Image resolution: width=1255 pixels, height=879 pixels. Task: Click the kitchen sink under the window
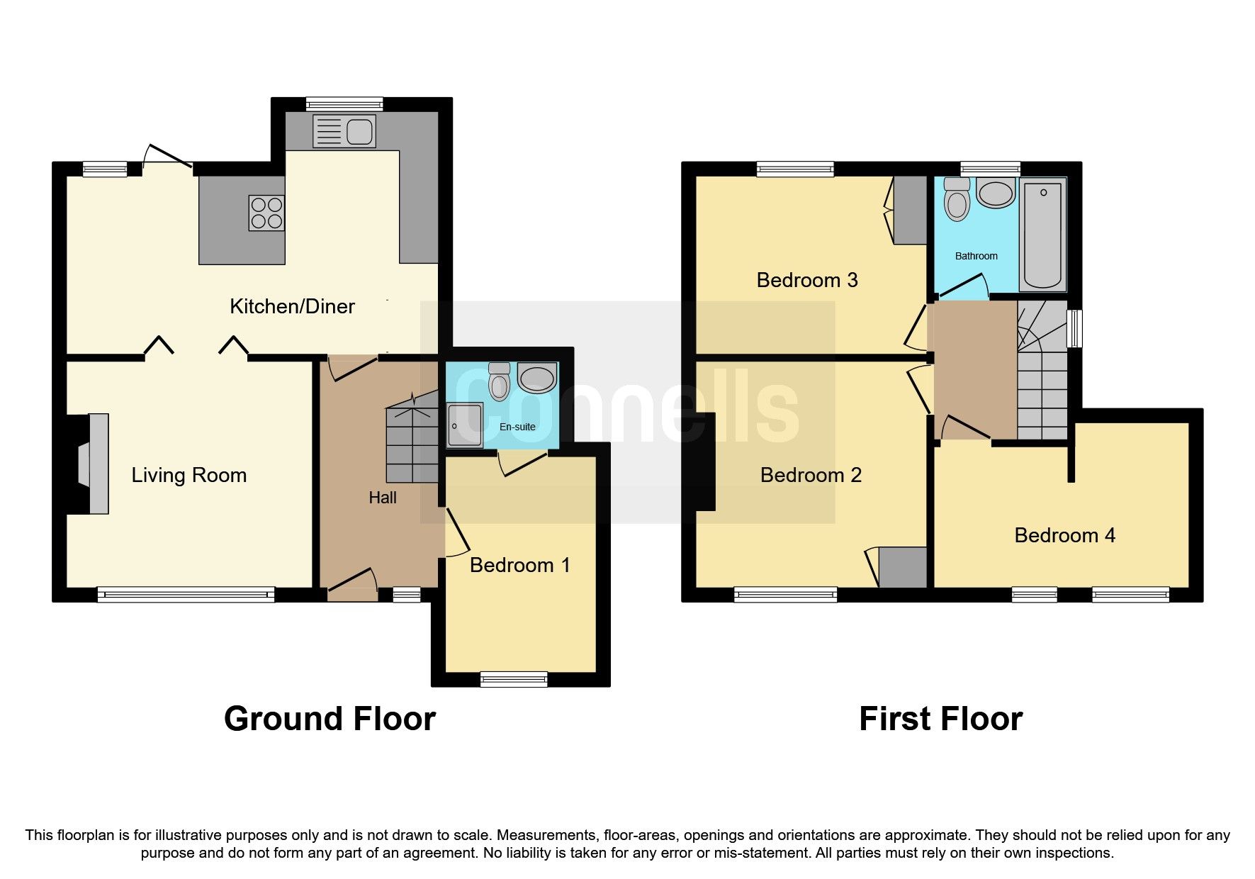click(344, 132)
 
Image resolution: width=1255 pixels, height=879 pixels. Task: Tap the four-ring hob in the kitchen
click(266, 213)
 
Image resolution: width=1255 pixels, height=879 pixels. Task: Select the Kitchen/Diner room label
click(292, 306)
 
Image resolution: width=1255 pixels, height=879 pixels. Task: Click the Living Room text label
click(189, 475)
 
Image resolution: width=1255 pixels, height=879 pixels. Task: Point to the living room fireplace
click(94, 464)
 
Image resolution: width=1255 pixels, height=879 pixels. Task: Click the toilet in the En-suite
click(500, 383)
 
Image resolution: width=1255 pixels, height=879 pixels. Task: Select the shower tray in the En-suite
click(465, 425)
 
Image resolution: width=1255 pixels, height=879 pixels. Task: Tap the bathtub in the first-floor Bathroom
click(1042, 234)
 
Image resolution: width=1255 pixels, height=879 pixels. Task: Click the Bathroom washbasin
click(996, 192)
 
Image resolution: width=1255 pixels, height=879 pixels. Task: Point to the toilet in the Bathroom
click(957, 199)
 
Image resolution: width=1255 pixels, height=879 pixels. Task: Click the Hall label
click(383, 498)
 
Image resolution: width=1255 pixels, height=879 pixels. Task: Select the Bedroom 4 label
click(1064, 535)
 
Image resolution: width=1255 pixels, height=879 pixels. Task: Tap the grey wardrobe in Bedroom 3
click(910, 210)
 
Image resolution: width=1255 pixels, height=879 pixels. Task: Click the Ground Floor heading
click(330, 719)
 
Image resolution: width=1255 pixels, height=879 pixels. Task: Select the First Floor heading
click(940, 719)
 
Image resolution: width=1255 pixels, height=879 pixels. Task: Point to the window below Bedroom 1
click(514, 679)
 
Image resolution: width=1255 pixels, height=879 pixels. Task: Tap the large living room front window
click(186, 595)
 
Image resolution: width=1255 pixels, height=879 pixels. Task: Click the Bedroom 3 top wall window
click(795, 169)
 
